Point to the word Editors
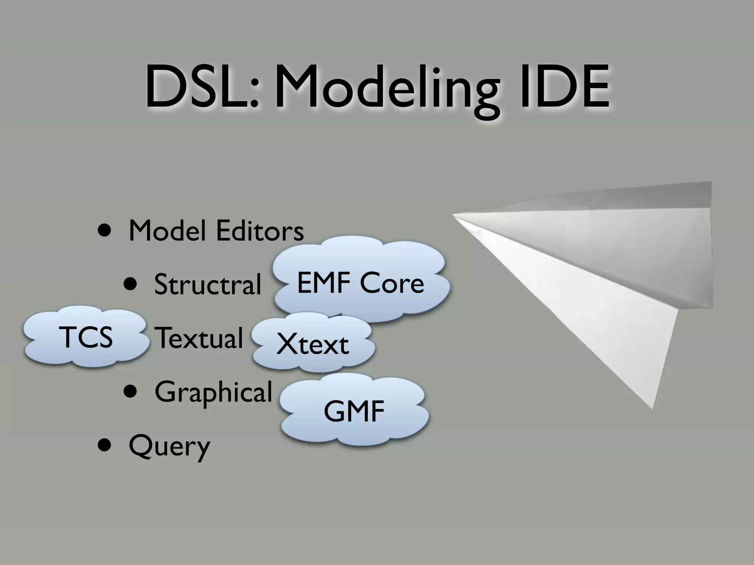260,231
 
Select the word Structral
208,284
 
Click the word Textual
199,337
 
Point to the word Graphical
213,392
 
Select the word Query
169,446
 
